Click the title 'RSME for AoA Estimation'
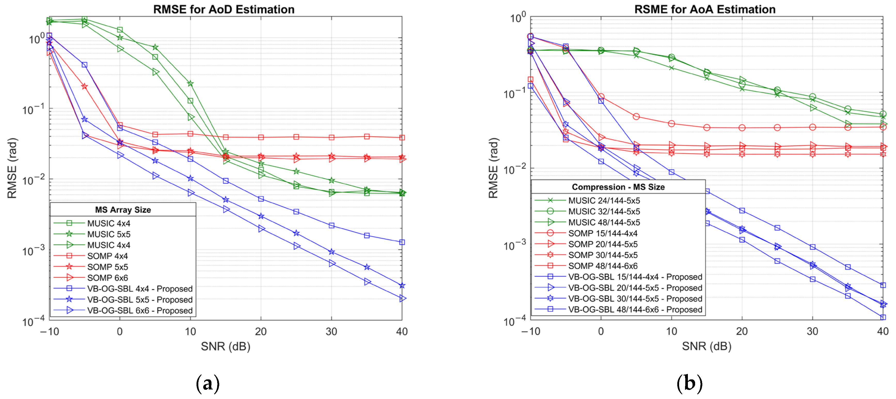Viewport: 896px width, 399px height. click(705, 9)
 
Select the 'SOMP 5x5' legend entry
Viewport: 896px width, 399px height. click(107, 267)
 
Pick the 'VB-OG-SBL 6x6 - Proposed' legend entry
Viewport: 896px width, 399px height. click(139, 310)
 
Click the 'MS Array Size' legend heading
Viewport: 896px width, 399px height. click(123, 210)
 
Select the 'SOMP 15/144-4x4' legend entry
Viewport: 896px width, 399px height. click(603, 233)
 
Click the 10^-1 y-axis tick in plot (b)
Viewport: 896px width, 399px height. click(514, 93)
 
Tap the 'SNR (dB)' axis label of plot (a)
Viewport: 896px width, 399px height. click(225, 347)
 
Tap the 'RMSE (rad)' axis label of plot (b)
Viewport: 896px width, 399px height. click(493, 168)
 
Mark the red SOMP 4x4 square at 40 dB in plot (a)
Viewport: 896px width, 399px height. click(402, 138)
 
